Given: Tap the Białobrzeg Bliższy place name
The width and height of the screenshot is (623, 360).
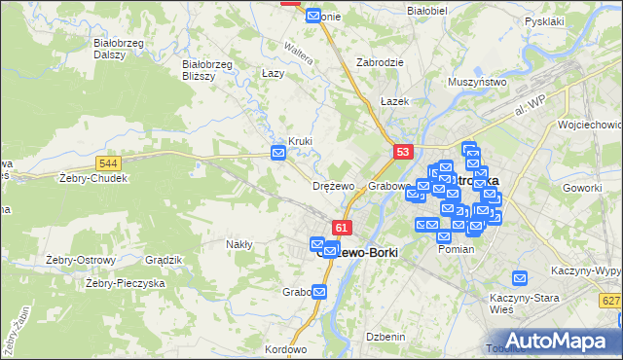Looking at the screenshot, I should click(207, 70).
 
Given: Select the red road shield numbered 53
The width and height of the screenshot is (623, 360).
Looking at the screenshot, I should click(404, 152).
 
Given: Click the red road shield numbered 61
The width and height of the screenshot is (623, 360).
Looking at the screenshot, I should click(341, 228).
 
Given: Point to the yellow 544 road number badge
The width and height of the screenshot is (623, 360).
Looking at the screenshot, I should click(109, 163).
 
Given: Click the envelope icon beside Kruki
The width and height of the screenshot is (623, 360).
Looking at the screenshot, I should click(278, 153).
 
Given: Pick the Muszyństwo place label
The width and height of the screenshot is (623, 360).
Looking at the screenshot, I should click(477, 83).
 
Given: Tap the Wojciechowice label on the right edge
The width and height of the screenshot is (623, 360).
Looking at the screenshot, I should click(589, 125).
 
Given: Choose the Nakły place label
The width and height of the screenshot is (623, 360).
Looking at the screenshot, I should click(239, 244).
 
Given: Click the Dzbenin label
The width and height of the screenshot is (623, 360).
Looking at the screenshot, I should click(384, 336).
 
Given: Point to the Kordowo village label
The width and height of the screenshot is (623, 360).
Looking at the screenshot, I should click(285, 349).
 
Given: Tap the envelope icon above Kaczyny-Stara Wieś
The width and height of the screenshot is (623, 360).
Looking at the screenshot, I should click(520, 277).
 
